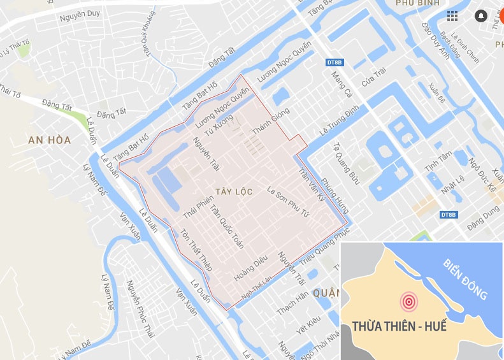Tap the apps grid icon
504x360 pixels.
coord(452,16)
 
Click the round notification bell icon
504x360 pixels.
coord(481,16)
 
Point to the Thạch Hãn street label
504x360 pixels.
coord(293,303)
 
